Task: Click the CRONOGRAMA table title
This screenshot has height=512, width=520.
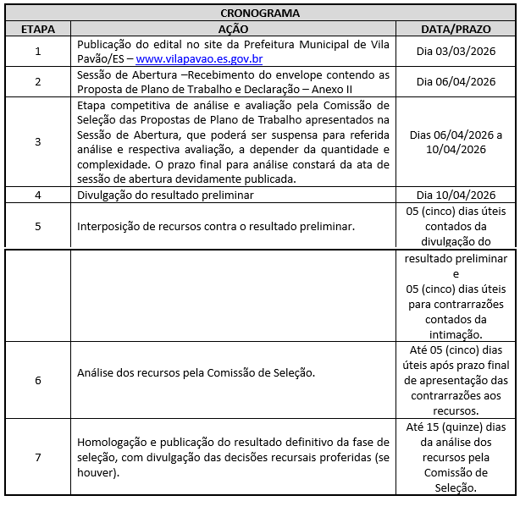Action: pyautogui.click(x=259, y=14)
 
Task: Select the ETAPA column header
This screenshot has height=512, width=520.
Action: pyautogui.click(x=38, y=29)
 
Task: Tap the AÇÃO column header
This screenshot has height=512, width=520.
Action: pyautogui.click(x=233, y=29)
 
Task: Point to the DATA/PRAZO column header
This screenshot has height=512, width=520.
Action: pyautogui.click(x=456, y=29)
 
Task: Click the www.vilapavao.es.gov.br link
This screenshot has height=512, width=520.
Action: pyautogui.click(x=199, y=59)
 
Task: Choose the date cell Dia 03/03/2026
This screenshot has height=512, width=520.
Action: pyautogui.click(x=456, y=52)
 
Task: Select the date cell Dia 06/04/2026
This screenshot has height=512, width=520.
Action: pyautogui.click(x=456, y=82)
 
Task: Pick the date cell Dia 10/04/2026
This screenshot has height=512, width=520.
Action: pyautogui.click(x=456, y=194)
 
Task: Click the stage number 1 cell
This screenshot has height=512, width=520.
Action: pyautogui.click(x=38, y=52)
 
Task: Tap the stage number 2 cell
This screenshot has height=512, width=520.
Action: pyautogui.click(x=38, y=82)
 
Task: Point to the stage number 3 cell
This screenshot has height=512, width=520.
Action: pyautogui.click(x=38, y=141)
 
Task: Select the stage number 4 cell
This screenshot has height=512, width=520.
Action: pyautogui.click(x=38, y=195)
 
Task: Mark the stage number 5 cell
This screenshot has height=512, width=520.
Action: pyautogui.click(x=38, y=226)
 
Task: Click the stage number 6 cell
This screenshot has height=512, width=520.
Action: pyautogui.click(x=38, y=380)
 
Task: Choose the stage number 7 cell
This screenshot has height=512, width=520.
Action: pyautogui.click(x=38, y=457)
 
